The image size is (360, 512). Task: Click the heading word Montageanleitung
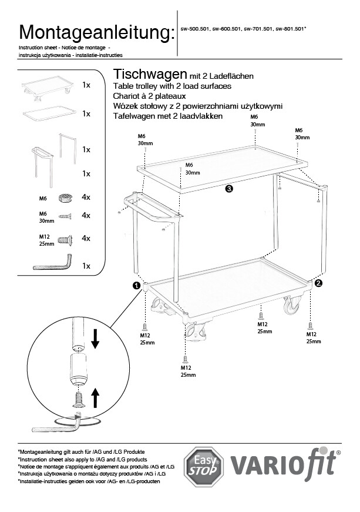click(x=97, y=33)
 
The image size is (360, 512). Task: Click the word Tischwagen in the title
click(x=150, y=75)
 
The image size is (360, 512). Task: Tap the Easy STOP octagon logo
click(x=203, y=466)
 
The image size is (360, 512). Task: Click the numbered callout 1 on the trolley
click(x=137, y=285)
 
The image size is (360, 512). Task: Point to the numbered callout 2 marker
click(x=318, y=283)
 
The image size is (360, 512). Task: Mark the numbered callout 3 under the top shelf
click(x=229, y=189)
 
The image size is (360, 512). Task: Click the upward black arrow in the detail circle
click(x=95, y=398)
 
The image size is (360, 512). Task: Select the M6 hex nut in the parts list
click(x=65, y=198)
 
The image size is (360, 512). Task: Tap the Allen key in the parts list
click(x=53, y=263)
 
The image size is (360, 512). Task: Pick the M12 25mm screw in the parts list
click(x=65, y=240)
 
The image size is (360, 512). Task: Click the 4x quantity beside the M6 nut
click(x=86, y=198)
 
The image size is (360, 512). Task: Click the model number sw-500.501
click(x=194, y=29)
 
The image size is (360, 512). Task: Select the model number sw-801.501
click(x=290, y=29)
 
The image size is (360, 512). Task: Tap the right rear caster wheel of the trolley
click(x=291, y=306)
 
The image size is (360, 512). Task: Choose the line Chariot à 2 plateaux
click(x=149, y=96)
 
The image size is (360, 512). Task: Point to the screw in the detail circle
click(x=78, y=399)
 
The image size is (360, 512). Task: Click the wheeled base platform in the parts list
click(x=46, y=86)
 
